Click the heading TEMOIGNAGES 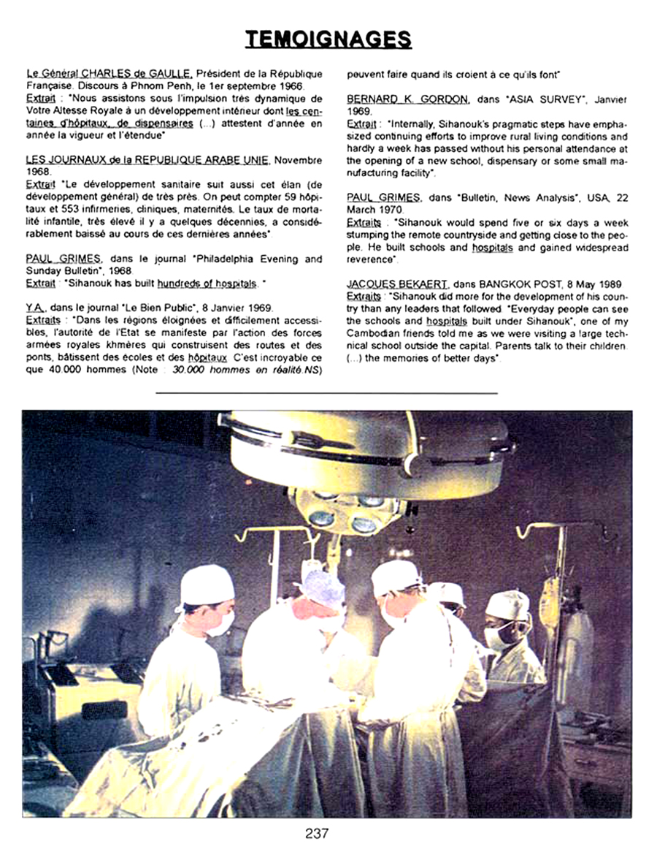(x=328, y=38)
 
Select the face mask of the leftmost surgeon (x=220, y=623)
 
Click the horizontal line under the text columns (x=326, y=393)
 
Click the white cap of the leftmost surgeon (x=207, y=586)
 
